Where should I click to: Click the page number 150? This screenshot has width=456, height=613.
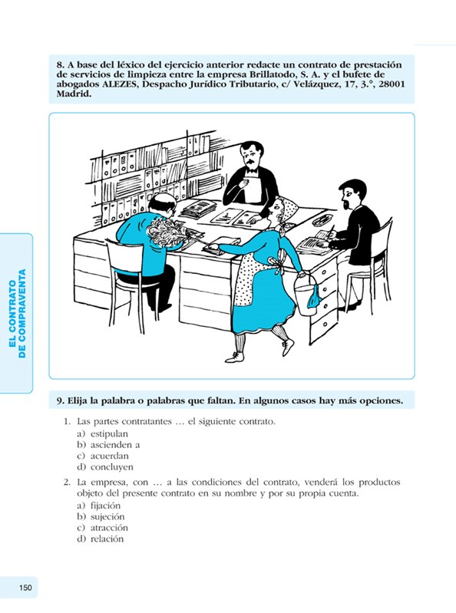(x=25, y=587)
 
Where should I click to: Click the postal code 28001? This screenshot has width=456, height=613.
(x=392, y=84)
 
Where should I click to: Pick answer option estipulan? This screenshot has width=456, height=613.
(x=109, y=433)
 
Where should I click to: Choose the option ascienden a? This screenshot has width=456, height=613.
(x=115, y=444)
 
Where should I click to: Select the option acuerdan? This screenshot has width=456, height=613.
(x=110, y=456)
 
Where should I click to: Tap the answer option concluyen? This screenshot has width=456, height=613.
(x=112, y=467)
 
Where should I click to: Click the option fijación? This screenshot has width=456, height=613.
(x=106, y=506)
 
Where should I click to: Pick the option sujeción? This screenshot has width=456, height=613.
(x=107, y=517)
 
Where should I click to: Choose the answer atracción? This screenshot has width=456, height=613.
(x=109, y=528)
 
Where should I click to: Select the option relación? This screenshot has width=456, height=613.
(x=107, y=539)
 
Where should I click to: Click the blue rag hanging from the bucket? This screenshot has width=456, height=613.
(x=315, y=297)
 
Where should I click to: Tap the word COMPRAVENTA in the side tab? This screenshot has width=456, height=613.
(x=22, y=313)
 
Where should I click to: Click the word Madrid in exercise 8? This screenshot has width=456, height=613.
(x=74, y=94)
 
